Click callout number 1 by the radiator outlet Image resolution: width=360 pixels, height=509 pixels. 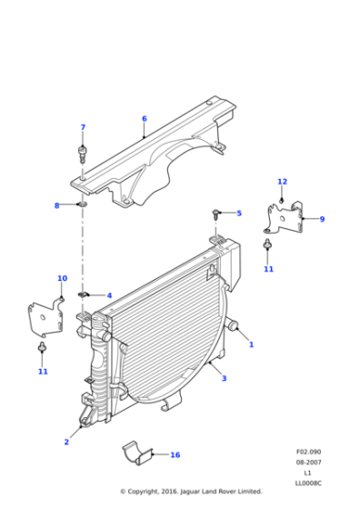pos(252,344)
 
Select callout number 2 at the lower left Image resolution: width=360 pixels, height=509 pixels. pos(65,442)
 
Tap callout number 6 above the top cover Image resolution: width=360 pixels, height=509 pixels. pos(144,118)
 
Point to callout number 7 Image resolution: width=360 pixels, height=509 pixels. pos(83,127)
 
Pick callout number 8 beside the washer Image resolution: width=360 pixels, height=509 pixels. pos(56,205)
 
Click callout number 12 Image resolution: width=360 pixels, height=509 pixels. pos(282,182)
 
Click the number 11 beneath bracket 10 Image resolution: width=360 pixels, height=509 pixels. pos(43,371)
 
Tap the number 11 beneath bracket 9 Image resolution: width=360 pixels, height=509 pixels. pos(268,269)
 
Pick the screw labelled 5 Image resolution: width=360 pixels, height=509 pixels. pos(217,214)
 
